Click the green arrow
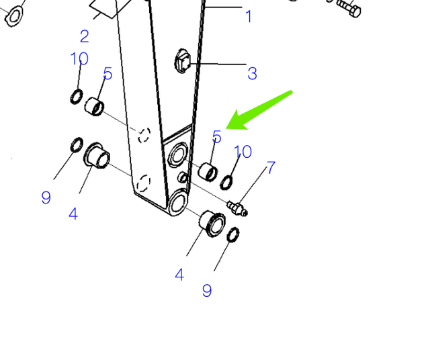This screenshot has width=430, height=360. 259,110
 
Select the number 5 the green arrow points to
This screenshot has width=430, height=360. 216,136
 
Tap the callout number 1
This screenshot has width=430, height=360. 249,16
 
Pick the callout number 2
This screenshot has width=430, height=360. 85,36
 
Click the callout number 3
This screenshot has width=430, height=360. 253,73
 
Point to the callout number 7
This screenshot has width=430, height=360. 271,167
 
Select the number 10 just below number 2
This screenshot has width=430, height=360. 79,58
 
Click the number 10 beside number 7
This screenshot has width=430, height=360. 243,152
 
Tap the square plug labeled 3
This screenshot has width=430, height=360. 182,61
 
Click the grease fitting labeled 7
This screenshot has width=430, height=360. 237,208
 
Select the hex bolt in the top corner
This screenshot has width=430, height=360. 348,8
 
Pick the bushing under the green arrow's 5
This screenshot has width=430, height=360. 208,172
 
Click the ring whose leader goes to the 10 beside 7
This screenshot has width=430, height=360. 226,183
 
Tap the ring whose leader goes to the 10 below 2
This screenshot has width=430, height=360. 77,97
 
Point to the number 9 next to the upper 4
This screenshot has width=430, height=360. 46,197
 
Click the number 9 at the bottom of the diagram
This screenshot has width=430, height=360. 207,291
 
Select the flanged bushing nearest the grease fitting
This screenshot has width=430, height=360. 212,224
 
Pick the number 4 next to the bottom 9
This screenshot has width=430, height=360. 179,275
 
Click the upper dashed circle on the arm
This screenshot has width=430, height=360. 144,135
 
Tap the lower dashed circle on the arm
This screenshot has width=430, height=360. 143,183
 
